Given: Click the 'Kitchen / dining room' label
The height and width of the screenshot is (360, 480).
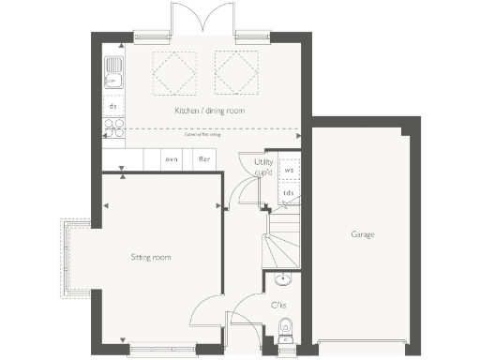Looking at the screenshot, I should [x=208, y=112].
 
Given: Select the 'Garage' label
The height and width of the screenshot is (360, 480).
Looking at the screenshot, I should [x=363, y=233].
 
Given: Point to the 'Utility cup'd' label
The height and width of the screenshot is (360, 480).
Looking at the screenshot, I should [x=263, y=167].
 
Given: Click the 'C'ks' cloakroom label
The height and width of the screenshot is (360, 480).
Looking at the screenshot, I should [x=278, y=306].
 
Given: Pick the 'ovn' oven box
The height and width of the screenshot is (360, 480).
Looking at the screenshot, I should [x=172, y=160].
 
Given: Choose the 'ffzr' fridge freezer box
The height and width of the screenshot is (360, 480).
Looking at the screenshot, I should [x=202, y=160].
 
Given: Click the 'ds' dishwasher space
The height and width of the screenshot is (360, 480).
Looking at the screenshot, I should [x=112, y=107].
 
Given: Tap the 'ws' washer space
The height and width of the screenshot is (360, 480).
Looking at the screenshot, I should [x=289, y=170].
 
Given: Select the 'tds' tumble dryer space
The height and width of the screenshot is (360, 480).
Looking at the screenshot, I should [x=289, y=193].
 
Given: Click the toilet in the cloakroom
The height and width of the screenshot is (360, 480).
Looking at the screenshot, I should [x=287, y=327].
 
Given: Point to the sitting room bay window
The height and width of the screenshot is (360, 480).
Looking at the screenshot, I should [x=74, y=257].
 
